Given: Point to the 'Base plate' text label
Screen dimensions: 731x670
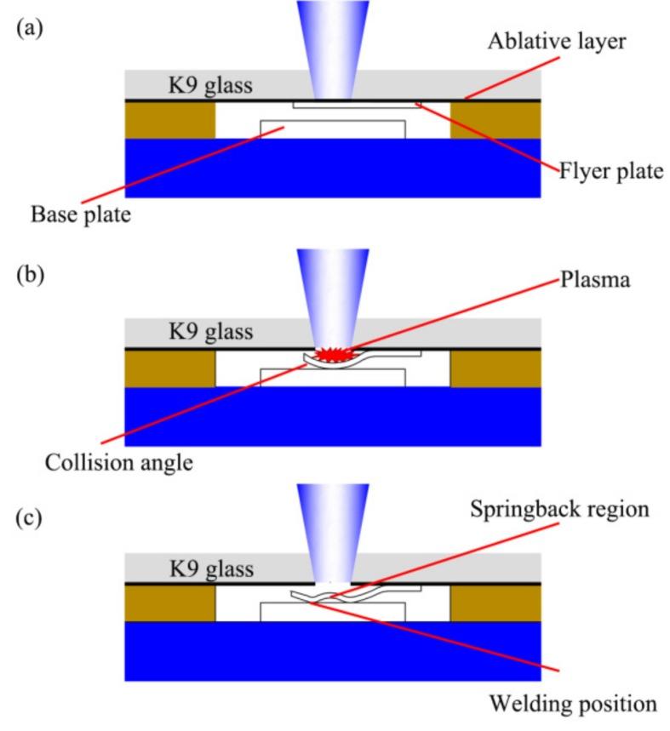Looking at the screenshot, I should tap(81, 215).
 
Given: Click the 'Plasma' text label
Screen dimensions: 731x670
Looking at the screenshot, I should tap(597, 280).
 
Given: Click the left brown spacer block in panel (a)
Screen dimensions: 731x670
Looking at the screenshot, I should tap(169, 120).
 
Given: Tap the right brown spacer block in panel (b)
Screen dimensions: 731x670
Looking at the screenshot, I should tap(495, 368).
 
